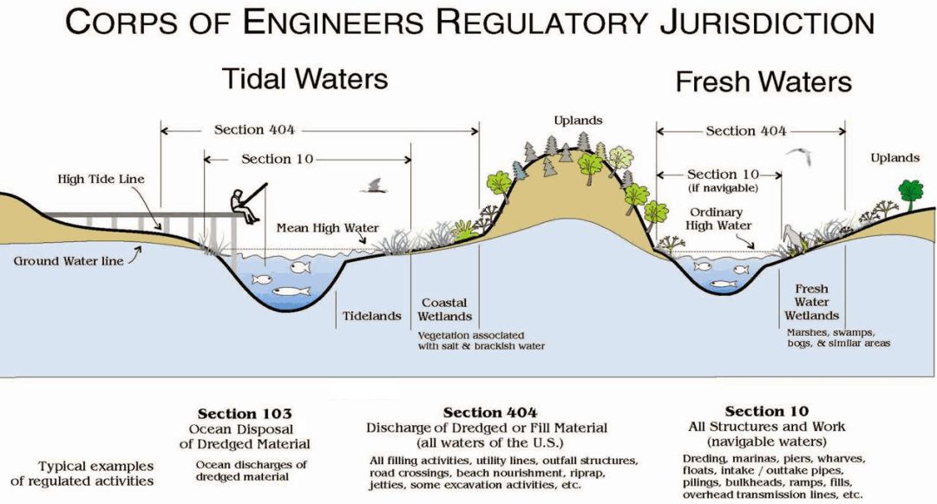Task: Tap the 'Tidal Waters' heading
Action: coord(305,78)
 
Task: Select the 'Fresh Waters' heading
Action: coord(763,82)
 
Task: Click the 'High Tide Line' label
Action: coord(101,180)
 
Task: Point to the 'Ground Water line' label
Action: coord(69,260)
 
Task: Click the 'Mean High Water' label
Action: coord(327,228)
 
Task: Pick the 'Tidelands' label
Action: coord(371,316)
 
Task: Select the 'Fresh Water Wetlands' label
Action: coord(811,302)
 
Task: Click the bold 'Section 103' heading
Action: coord(245,414)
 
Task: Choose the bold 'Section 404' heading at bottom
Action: coord(490,412)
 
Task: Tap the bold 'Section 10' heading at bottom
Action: coord(767,411)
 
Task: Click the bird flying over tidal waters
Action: coord(377,185)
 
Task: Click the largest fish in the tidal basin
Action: coord(291,291)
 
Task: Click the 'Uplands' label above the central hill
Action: coord(577,121)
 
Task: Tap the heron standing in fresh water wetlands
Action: coord(790,237)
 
